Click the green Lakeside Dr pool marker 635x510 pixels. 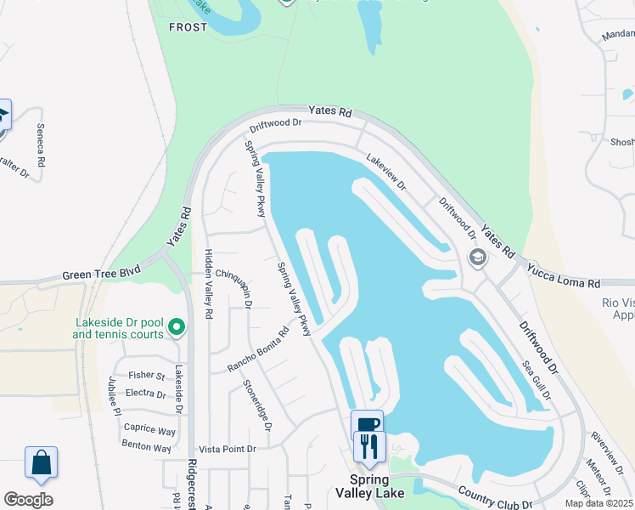coord(177,326)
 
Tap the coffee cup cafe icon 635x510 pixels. coord(367,424)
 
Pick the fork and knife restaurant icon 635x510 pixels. coord(369,446)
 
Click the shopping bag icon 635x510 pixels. coord(41,463)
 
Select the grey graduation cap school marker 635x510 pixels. coord(477,258)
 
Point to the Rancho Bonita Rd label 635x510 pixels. coord(258,350)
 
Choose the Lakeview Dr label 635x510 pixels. coord(386,172)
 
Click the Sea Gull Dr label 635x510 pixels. coord(537,379)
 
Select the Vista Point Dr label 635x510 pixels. coord(227,449)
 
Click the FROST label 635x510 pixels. coord(188,27)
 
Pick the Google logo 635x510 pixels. coord(28,499)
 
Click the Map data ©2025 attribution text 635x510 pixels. coord(598,503)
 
